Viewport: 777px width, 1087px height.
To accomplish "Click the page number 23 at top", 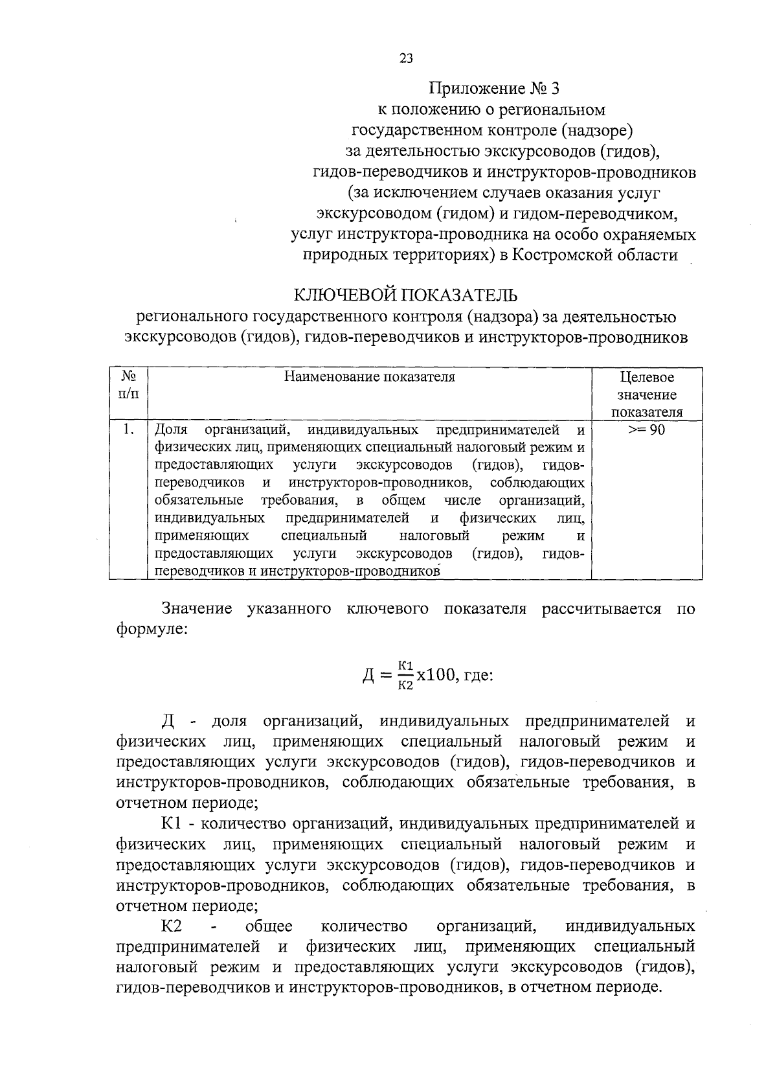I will point(406,58).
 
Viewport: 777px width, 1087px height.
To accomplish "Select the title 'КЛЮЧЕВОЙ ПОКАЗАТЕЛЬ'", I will point(406,295).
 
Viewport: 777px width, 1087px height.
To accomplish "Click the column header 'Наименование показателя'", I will point(370,377).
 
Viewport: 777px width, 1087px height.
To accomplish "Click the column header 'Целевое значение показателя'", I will point(647,395).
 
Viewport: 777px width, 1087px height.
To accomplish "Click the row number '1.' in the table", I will point(129,430).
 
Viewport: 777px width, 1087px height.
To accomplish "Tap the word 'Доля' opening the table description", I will point(171,430).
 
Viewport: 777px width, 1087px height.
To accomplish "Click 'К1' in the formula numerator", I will point(405,665).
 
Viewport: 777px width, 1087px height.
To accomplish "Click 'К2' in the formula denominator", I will point(405,686).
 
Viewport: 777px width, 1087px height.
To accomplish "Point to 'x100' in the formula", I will point(436,675).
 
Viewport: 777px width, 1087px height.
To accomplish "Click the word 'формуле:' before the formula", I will point(152,629).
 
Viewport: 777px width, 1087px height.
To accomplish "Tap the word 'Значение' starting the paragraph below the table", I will point(197,609).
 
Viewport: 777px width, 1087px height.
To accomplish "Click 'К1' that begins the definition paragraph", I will point(174,824).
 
